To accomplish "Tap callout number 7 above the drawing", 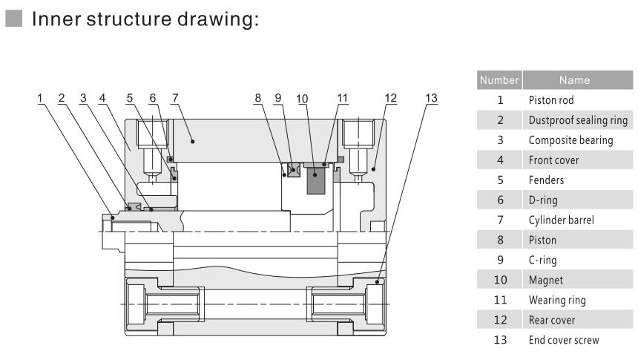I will (175, 98).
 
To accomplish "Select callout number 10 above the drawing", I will (301, 98).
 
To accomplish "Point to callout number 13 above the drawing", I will (430, 98).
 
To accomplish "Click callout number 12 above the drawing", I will (390, 98).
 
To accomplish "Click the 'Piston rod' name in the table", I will (551, 99).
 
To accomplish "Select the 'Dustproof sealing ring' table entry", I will (578, 120).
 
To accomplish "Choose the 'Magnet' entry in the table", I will (545, 280).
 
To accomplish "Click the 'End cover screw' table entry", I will (564, 340).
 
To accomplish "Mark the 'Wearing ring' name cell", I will (557, 300).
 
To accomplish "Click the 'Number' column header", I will (500, 79).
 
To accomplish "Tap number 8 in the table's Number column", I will (500, 240).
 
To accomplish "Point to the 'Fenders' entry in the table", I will (547, 180).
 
